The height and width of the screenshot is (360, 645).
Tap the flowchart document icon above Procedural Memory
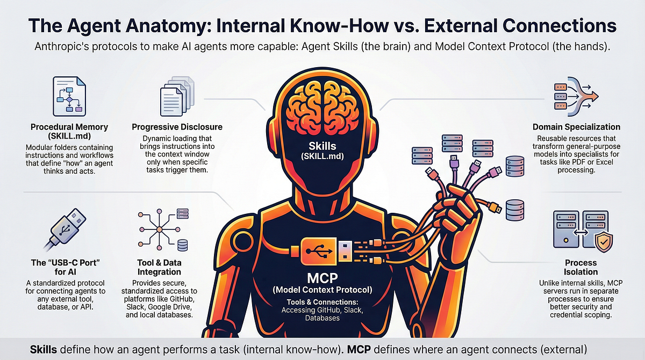(x=69, y=96)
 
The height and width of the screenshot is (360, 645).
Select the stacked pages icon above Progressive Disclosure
(x=177, y=96)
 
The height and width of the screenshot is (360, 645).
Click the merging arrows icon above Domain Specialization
(x=576, y=96)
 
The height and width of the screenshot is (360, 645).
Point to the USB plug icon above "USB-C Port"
(x=66, y=229)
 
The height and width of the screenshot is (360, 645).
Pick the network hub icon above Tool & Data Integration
(x=163, y=229)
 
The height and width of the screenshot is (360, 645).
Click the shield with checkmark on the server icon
(x=604, y=242)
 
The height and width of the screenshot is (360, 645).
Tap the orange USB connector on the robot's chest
(x=318, y=251)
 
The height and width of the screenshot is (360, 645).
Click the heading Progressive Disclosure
(x=177, y=127)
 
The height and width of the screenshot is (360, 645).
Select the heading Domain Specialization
(x=576, y=127)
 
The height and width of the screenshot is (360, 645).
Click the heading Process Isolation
(x=581, y=268)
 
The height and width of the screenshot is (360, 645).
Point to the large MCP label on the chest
(x=322, y=278)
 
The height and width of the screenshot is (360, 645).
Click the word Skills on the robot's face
(x=322, y=146)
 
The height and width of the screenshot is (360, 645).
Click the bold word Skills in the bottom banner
(x=44, y=350)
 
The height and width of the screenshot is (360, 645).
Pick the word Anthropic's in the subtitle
(x=62, y=47)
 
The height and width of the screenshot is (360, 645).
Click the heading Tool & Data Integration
(x=159, y=268)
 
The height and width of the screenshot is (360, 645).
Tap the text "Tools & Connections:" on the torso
(x=322, y=302)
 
